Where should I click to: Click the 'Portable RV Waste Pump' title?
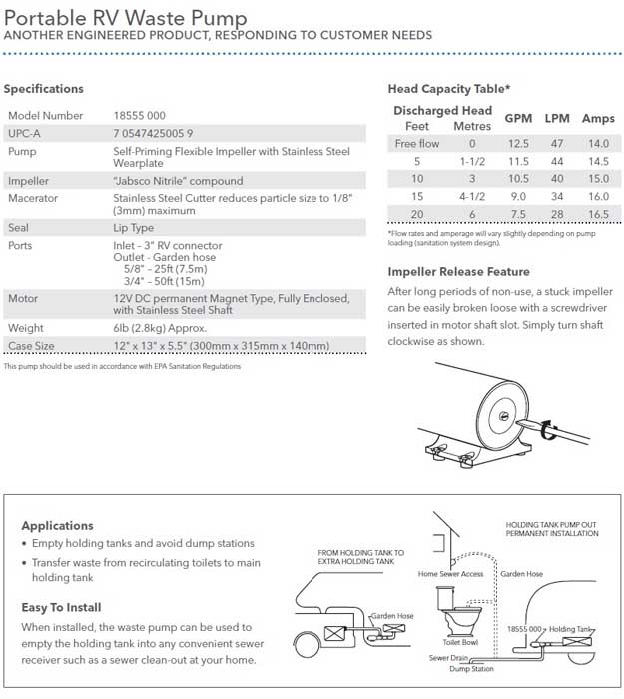(x=126, y=17)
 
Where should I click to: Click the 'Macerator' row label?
(x=33, y=198)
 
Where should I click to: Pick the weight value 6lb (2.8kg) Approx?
(x=166, y=327)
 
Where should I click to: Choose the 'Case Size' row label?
(x=32, y=345)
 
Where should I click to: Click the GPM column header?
(x=518, y=118)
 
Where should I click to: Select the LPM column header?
(x=557, y=118)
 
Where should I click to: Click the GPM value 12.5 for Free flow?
(x=518, y=144)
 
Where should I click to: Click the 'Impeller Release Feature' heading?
(x=458, y=271)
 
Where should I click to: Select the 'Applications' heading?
(x=57, y=525)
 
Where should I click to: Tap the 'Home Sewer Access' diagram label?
(x=451, y=574)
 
